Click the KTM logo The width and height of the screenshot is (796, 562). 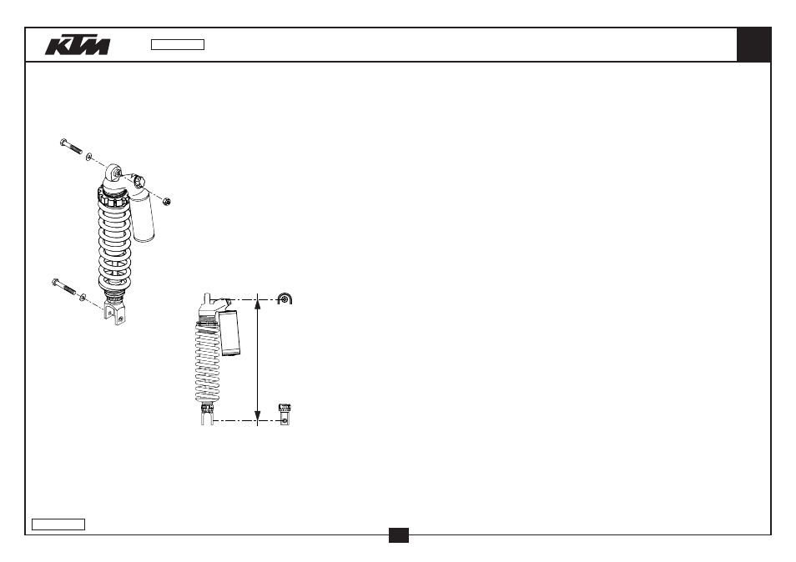pyautogui.click(x=78, y=45)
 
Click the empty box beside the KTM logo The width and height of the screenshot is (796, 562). pyautogui.click(x=178, y=45)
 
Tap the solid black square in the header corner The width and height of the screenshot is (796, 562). pyautogui.click(x=753, y=45)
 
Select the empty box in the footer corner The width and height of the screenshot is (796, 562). pyautogui.click(x=58, y=524)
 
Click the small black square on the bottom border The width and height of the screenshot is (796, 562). pyautogui.click(x=399, y=535)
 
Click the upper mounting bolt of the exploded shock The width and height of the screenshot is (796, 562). pyautogui.click(x=71, y=146)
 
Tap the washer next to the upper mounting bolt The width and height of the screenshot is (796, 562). pyautogui.click(x=89, y=157)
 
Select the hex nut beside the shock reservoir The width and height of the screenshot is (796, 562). pyautogui.click(x=167, y=201)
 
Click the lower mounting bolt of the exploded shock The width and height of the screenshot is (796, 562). pyautogui.click(x=63, y=287)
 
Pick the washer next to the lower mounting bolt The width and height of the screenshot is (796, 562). pyautogui.click(x=83, y=297)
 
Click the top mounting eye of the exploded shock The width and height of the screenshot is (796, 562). pyautogui.click(x=114, y=173)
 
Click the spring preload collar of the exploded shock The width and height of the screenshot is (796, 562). pyautogui.click(x=113, y=196)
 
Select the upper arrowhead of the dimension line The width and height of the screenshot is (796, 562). pyautogui.click(x=258, y=304)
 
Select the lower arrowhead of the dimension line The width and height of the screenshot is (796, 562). pyautogui.click(x=258, y=416)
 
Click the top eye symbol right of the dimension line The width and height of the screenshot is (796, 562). pyautogui.click(x=285, y=299)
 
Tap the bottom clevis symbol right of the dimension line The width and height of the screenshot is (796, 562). pyautogui.click(x=285, y=414)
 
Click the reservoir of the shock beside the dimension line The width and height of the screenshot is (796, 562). pyautogui.click(x=229, y=334)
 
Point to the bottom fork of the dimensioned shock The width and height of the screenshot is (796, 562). pyautogui.click(x=207, y=417)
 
